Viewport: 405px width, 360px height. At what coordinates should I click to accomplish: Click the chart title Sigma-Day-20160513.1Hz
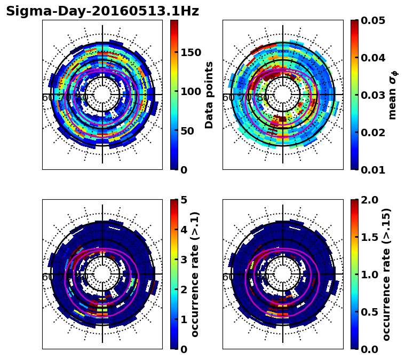click(x=102, y=11)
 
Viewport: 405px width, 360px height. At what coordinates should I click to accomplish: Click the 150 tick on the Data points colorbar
click(x=190, y=52)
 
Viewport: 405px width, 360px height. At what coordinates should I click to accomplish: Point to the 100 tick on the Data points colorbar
click(x=190, y=91)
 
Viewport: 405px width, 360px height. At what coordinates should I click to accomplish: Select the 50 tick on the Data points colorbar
click(x=188, y=131)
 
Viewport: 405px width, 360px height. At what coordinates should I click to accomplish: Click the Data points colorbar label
click(x=209, y=95)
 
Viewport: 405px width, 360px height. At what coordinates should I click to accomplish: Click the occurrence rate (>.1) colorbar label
click(x=195, y=274)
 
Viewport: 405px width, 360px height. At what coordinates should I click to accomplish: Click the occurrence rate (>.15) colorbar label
click(x=386, y=274)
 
